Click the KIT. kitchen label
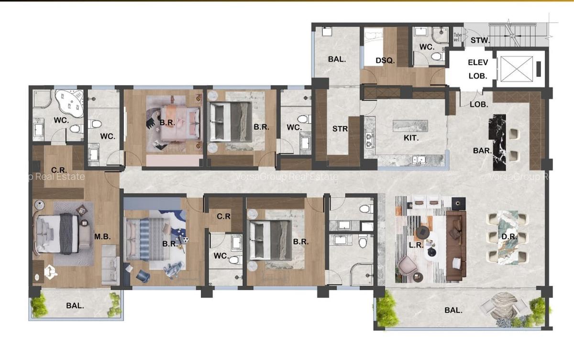point(411,138)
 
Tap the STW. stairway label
point(480,41)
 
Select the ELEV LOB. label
point(477,69)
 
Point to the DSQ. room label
point(385,61)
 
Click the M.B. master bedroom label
point(100,236)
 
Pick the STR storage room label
point(340,129)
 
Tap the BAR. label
point(482,151)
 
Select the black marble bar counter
point(497,142)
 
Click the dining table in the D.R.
point(507,237)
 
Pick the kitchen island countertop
point(410,126)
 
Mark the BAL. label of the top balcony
point(337,60)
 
